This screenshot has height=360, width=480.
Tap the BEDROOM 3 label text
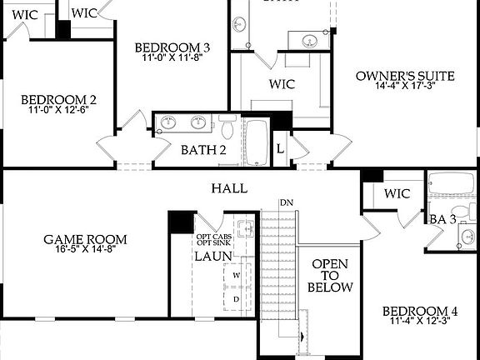coord(172,47)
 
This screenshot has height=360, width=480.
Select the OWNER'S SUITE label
coord(405,76)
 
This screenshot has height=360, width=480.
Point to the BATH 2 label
coord(204,150)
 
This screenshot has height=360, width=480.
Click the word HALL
coord(229,188)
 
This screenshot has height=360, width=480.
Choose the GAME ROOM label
coord(85,240)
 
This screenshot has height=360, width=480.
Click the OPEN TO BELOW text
coord(330,276)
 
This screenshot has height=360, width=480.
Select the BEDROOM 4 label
coord(420,312)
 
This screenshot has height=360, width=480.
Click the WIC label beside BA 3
coord(397,194)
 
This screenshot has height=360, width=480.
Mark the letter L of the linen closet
coord(280,147)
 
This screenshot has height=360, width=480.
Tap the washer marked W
coord(236,274)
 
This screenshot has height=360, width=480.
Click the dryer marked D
coord(236,297)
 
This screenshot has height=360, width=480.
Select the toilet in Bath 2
coord(227,130)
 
